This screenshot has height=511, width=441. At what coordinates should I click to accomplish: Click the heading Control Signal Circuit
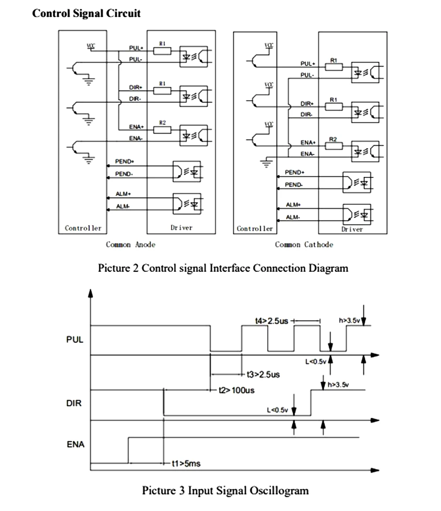[86, 13]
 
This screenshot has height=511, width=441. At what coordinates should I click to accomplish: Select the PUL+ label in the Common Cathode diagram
[307, 64]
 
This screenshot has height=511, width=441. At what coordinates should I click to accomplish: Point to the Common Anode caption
[131, 244]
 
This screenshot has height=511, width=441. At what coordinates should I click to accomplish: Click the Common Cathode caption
[304, 244]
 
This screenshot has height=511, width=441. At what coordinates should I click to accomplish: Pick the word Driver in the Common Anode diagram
[181, 228]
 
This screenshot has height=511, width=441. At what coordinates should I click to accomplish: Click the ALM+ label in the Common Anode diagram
[124, 194]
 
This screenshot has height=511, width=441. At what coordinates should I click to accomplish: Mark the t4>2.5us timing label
[272, 321]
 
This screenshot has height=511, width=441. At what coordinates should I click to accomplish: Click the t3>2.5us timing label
[263, 375]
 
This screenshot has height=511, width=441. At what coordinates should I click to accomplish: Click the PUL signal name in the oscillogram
[74, 340]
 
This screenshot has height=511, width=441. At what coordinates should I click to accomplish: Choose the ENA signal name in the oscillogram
[75, 444]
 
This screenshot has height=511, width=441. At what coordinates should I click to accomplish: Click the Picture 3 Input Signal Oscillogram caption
[225, 490]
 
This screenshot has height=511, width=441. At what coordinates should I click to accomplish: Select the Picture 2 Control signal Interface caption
[223, 268]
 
